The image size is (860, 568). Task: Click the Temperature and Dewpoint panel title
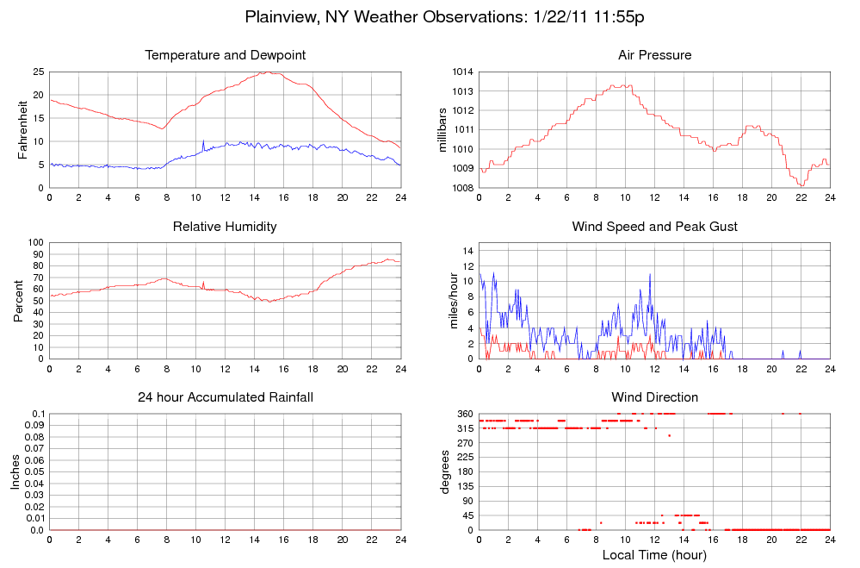225,55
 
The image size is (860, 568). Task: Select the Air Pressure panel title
654,55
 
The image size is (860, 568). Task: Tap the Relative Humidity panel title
225,227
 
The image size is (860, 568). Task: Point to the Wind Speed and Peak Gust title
654,227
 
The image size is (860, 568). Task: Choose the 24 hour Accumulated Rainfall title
225,397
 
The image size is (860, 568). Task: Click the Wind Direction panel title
654,397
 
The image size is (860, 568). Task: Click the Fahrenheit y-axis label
23,129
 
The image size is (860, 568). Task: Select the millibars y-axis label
443,129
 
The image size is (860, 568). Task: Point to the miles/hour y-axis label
443,301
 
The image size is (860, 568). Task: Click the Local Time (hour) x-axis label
654,555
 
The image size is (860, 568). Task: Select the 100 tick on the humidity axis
35,243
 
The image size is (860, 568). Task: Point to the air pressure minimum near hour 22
801,185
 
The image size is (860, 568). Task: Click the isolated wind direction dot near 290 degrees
669,435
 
